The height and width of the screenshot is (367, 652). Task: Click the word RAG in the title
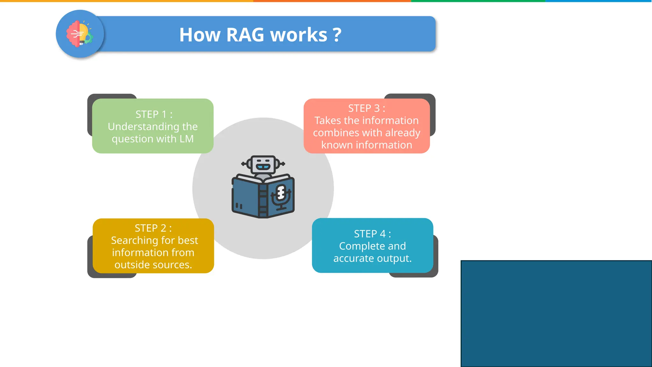[x=245, y=35]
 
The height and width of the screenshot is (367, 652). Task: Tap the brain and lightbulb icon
[x=80, y=34]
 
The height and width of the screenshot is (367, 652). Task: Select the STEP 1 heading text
[x=154, y=114]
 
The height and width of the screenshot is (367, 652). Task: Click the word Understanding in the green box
[x=144, y=127]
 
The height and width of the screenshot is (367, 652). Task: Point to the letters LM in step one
[x=187, y=139]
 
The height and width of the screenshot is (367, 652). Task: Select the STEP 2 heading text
[x=153, y=228]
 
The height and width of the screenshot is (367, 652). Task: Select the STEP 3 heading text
[x=366, y=108]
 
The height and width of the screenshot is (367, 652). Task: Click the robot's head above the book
[x=263, y=164]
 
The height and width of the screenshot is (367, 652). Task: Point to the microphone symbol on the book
[x=281, y=196]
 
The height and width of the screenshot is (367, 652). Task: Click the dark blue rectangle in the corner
[x=556, y=313]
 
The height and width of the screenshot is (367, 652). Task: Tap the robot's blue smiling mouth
[x=263, y=167]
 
